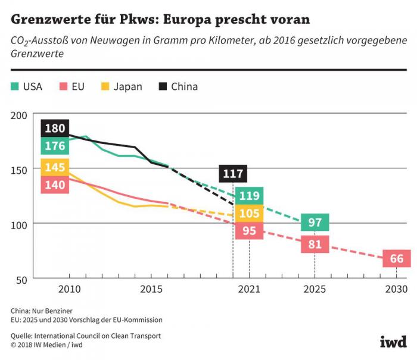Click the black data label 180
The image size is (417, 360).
point(55,129)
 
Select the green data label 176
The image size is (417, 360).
point(55,146)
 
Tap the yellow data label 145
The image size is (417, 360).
point(55,167)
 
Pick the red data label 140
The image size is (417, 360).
point(55,184)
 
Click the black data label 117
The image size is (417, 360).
point(233,174)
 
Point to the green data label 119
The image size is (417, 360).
point(249,195)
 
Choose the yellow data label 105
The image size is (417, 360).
point(249,213)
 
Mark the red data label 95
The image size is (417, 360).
point(249,231)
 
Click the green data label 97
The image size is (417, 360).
point(315,223)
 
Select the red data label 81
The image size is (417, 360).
point(315,244)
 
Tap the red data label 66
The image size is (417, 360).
point(397,259)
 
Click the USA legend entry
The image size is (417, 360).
point(27,87)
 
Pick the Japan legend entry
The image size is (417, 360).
point(122,87)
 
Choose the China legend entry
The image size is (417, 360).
point(178,87)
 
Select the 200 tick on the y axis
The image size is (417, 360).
point(20,115)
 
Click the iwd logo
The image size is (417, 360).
point(393,342)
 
